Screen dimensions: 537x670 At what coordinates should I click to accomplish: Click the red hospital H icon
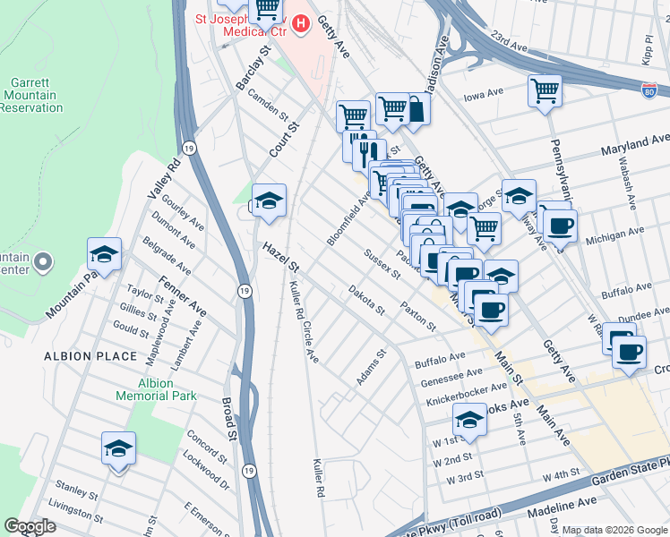point(300,24)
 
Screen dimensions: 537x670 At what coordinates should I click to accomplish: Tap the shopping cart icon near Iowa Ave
point(544,90)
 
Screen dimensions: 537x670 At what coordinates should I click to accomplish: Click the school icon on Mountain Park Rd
point(105,255)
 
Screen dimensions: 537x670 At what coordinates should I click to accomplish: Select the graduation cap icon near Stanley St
point(117,448)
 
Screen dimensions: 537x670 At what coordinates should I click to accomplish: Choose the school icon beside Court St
point(268,201)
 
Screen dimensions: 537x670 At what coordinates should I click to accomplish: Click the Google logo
point(30,526)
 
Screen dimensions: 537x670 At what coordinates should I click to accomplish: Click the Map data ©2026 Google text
point(614,530)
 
